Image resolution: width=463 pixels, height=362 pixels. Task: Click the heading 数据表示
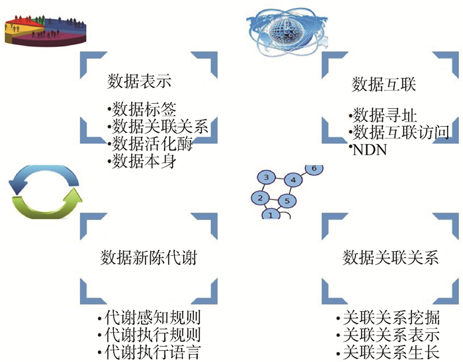tap(140, 83)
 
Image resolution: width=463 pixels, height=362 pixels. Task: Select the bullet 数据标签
tap(146, 109)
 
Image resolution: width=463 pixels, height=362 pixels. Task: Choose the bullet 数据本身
tap(146, 161)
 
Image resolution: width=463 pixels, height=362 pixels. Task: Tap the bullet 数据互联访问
tap(401, 132)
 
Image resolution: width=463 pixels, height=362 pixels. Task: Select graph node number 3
tap(265, 178)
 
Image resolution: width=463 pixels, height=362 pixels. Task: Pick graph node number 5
tap(286, 201)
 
